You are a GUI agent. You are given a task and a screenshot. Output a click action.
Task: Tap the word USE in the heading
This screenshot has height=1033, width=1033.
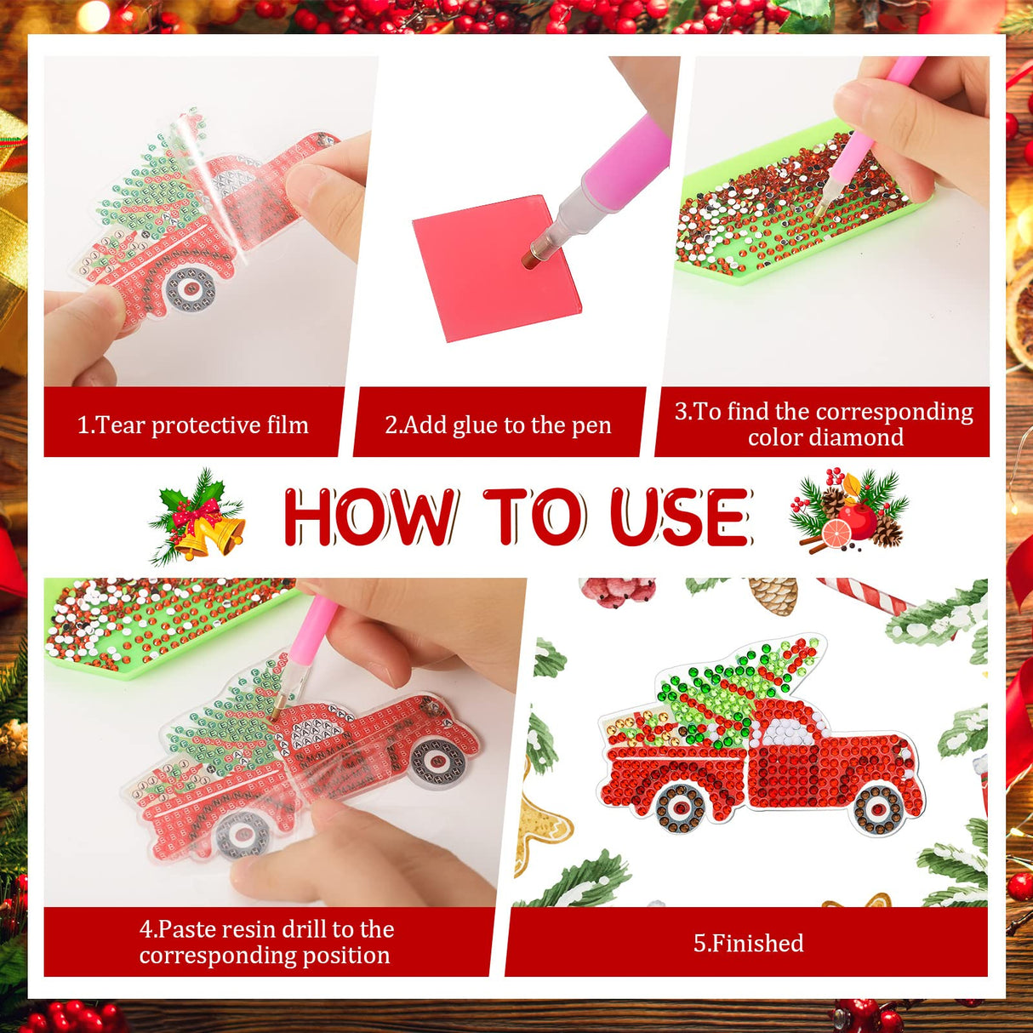(x=680, y=516)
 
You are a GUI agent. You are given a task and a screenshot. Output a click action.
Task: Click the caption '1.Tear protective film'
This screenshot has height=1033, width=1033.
(x=193, y=425)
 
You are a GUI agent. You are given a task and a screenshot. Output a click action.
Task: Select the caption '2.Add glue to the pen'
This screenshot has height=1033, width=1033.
(x=498, y=425)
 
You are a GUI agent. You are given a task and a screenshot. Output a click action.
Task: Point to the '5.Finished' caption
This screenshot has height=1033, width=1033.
(x=748, y=943)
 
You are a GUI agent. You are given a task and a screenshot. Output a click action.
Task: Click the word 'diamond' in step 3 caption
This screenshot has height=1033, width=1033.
(x=825, y=437)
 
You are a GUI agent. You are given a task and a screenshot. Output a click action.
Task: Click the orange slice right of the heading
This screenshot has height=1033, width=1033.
(x=836, y=532)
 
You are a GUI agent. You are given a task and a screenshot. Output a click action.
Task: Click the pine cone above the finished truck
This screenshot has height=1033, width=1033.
(x=773, y=594)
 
